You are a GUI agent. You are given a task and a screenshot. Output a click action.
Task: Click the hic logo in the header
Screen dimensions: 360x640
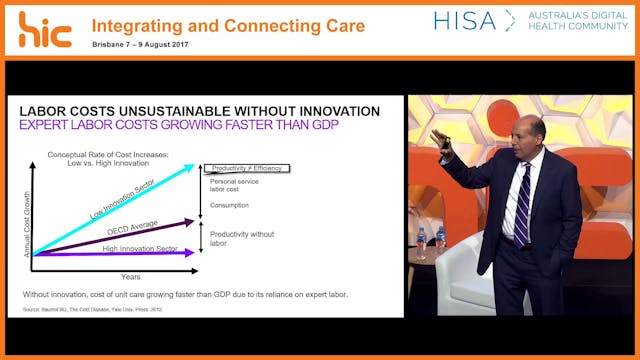point(44,29)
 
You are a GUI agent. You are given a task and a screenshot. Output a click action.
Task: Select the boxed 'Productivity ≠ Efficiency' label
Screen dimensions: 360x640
point(246,168)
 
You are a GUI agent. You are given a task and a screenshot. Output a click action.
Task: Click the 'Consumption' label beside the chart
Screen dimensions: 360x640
point(230,205)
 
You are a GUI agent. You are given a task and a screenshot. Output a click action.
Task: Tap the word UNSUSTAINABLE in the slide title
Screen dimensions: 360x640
point(168,110)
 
